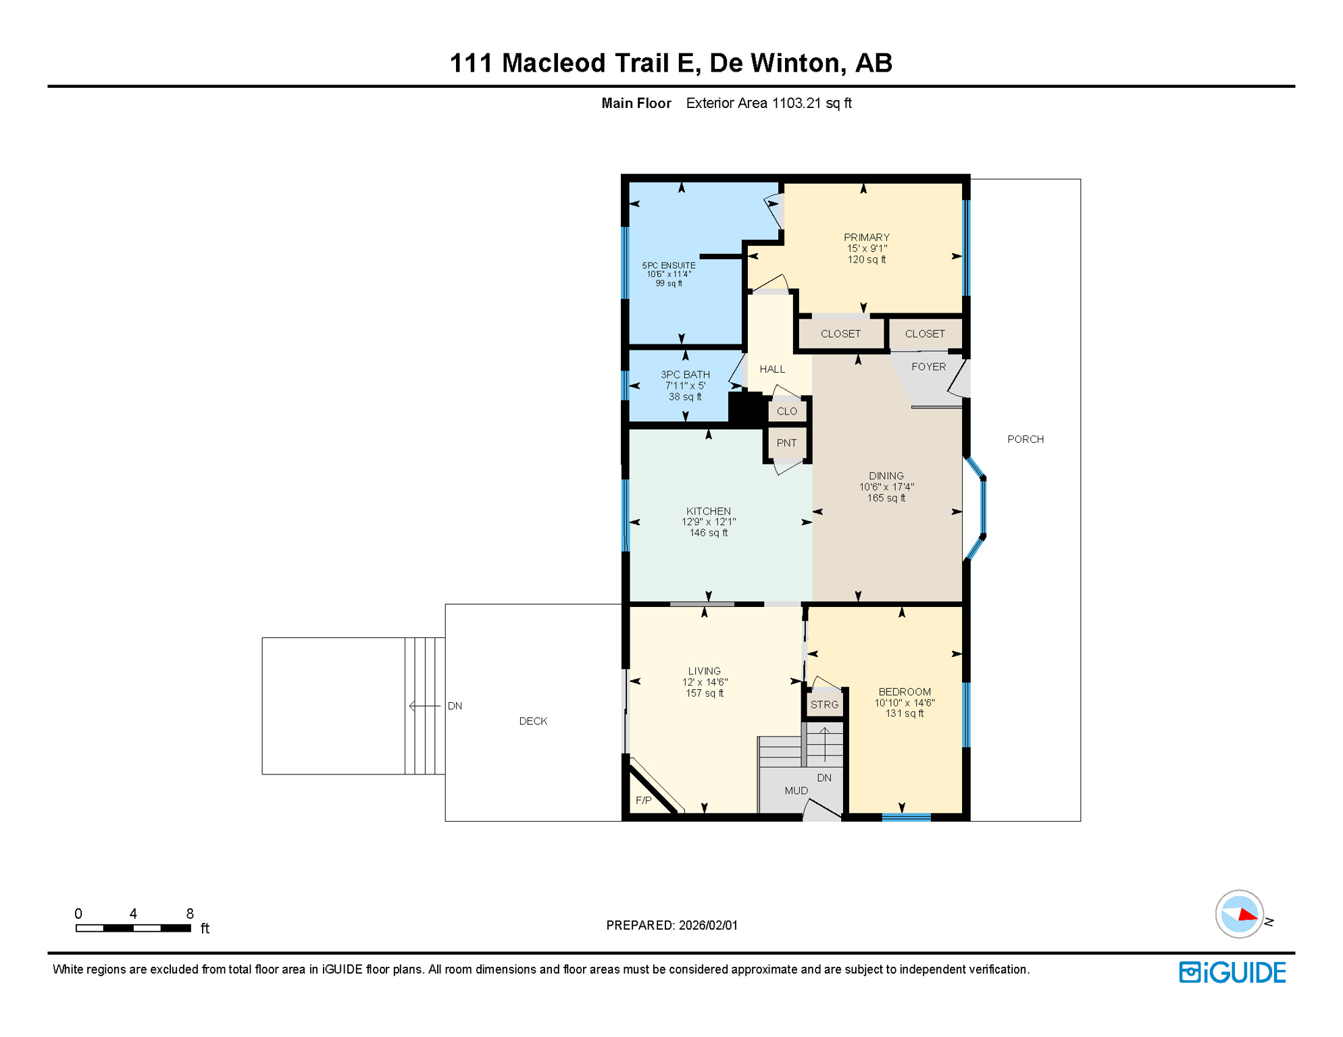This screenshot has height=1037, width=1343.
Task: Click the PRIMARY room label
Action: [x=866, y=238]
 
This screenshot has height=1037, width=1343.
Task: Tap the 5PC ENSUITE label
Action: [x=668, y=265]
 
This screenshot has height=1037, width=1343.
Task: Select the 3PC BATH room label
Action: [x=685, y=375]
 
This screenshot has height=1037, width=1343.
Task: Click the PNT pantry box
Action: [x=786, y=443]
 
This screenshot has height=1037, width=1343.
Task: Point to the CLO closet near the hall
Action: [x=786, y=411]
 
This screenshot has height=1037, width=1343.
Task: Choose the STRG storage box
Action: [x=824, y=705]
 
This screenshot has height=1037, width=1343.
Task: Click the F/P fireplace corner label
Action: [x=643, y=801]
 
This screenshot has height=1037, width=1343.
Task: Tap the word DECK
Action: [x=533, y=721]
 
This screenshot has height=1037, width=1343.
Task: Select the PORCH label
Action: [x=1025, y=440]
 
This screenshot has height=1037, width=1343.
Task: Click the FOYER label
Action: [x=928, y=367]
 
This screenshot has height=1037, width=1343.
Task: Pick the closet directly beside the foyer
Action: [x=924, y=334]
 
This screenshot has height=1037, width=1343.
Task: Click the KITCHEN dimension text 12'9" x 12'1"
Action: [x=708, y=522]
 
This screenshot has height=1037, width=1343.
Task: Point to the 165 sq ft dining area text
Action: [x=886, y=498]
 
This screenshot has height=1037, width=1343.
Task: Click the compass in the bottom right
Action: [x=1239, y=914]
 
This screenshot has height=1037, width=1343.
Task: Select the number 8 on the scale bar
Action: [x=190, y=913]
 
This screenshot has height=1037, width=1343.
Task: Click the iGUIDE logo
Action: [x=1232, y=972]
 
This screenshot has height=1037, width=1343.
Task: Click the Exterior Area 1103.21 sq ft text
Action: [x=768, y=103]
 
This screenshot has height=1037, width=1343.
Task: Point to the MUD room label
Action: [x=796, y=791]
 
